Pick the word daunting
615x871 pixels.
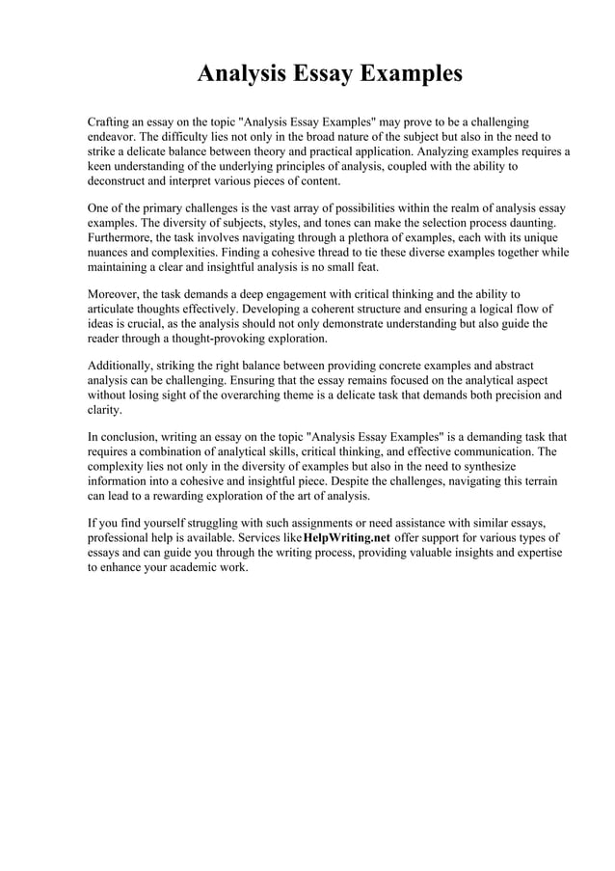pyautogui.click(x=531, y=223)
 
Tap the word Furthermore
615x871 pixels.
pyautogui.click(x=124, y=237)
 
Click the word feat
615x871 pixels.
pyautogui.click(x=367, y=266)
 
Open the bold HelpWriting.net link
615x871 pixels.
pyautogui.click(x=346, y=537)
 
